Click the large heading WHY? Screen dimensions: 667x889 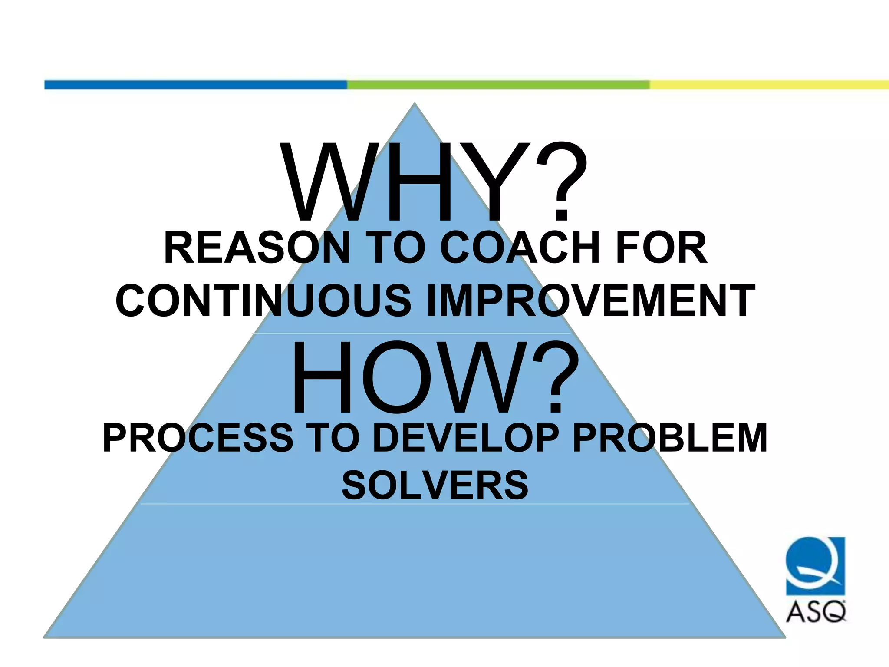[x=434, y=182]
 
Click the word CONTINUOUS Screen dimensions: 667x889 [x=263, y=300]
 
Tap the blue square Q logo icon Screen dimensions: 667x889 [x=816, y=566]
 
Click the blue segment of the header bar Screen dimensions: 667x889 [x=195, y=85]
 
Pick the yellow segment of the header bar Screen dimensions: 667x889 [x=768, y=85]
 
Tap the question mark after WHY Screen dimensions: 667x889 [x=562, y=182]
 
